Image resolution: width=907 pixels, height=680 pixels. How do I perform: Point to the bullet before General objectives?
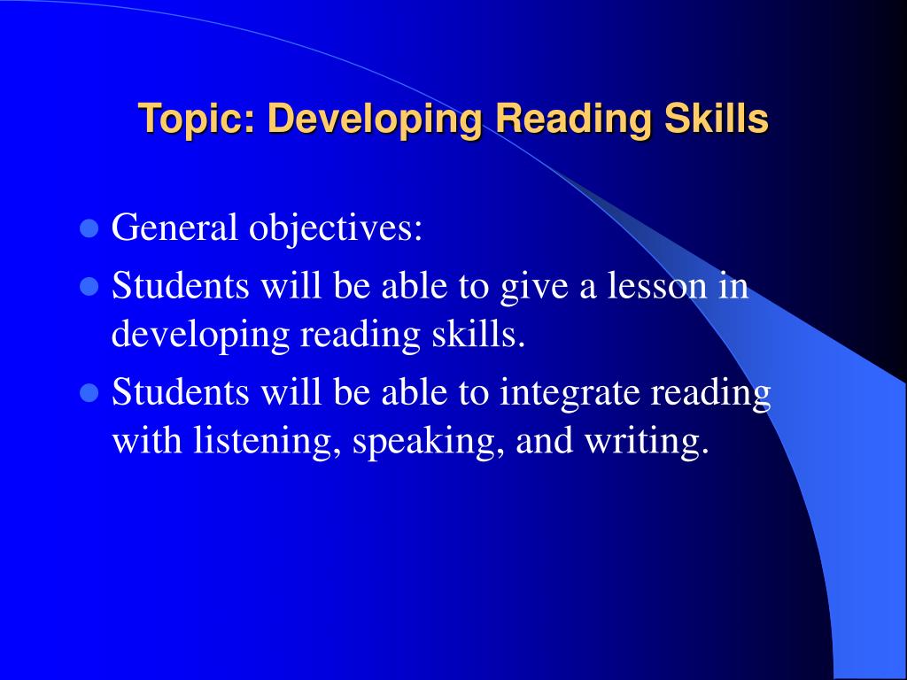[88, 229]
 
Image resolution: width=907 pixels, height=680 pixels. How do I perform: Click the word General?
[174, 228]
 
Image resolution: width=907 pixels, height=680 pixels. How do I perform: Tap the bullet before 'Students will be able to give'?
[88, 288]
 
